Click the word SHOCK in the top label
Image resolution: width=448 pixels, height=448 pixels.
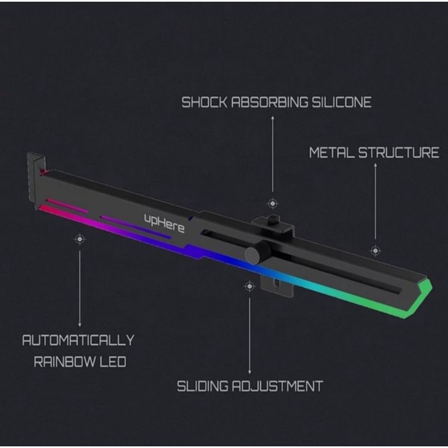(x=204, y=102)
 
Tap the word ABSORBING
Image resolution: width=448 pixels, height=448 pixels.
(x=269, y=102)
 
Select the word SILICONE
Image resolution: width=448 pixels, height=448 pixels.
(x=342, y=102)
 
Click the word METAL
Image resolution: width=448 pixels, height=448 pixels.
(x=332, y=152)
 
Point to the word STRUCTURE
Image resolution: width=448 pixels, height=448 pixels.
(x=399, y=152)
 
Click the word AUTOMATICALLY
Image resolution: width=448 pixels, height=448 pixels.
(x=78, y=340)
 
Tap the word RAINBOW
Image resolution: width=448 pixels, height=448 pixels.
(x=65, y=362)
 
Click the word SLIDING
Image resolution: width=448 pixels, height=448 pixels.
(x=203, y=386)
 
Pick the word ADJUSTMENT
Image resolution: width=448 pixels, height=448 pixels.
(x=277, y=386)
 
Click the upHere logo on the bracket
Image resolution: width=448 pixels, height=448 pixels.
(x=164, y=223)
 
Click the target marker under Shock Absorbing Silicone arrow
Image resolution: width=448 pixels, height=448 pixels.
(x=273, y=203)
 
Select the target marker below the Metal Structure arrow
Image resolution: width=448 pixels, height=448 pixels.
(x=375, y=250)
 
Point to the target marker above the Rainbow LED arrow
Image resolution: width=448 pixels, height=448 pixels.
(x=80, y=239)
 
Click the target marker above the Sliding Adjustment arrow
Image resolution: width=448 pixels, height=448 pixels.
(x=249, y=286)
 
